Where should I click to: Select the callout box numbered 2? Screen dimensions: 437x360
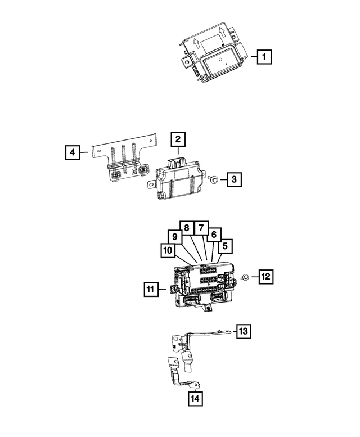point(177,139)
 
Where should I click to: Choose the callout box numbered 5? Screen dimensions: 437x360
point(225,245)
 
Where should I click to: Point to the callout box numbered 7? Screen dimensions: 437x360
point(200,228)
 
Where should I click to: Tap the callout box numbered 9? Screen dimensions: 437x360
point(175,237)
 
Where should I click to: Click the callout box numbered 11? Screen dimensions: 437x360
point(150,290)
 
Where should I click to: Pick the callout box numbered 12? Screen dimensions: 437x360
point(266,276)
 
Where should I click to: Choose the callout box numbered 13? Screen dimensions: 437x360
point(242,331)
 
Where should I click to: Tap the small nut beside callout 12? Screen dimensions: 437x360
point(246,276)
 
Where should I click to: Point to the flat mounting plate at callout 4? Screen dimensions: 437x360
point(124,160)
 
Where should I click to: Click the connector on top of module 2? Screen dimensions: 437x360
point(178,161)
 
